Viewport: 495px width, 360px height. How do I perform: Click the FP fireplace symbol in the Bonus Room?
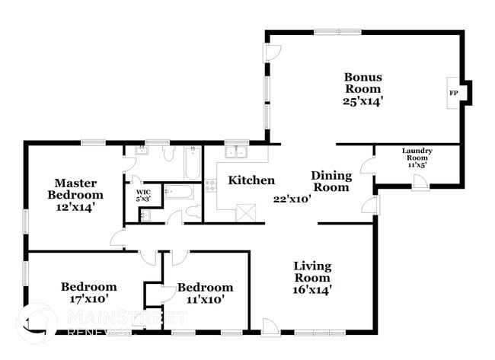point(454,93)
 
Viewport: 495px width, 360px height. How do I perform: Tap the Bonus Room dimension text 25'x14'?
point(362,100)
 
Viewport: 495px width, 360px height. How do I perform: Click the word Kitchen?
point(251,180)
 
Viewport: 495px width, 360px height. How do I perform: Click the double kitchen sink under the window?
point(236,151)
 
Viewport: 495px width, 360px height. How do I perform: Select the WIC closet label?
point(143,196)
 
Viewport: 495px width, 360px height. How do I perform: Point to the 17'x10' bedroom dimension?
point(89,298)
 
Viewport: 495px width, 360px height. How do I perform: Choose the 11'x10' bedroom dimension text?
point(206,298)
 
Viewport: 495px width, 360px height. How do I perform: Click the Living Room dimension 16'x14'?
point(313,288)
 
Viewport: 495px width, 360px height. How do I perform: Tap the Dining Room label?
point(331,181)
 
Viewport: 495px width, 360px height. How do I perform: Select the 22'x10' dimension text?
point(293,199)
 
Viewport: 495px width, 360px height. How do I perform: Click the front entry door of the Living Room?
point(270,327)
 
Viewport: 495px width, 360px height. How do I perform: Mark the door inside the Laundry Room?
point(419,180)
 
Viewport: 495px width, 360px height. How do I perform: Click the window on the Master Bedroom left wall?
point(26,221)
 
